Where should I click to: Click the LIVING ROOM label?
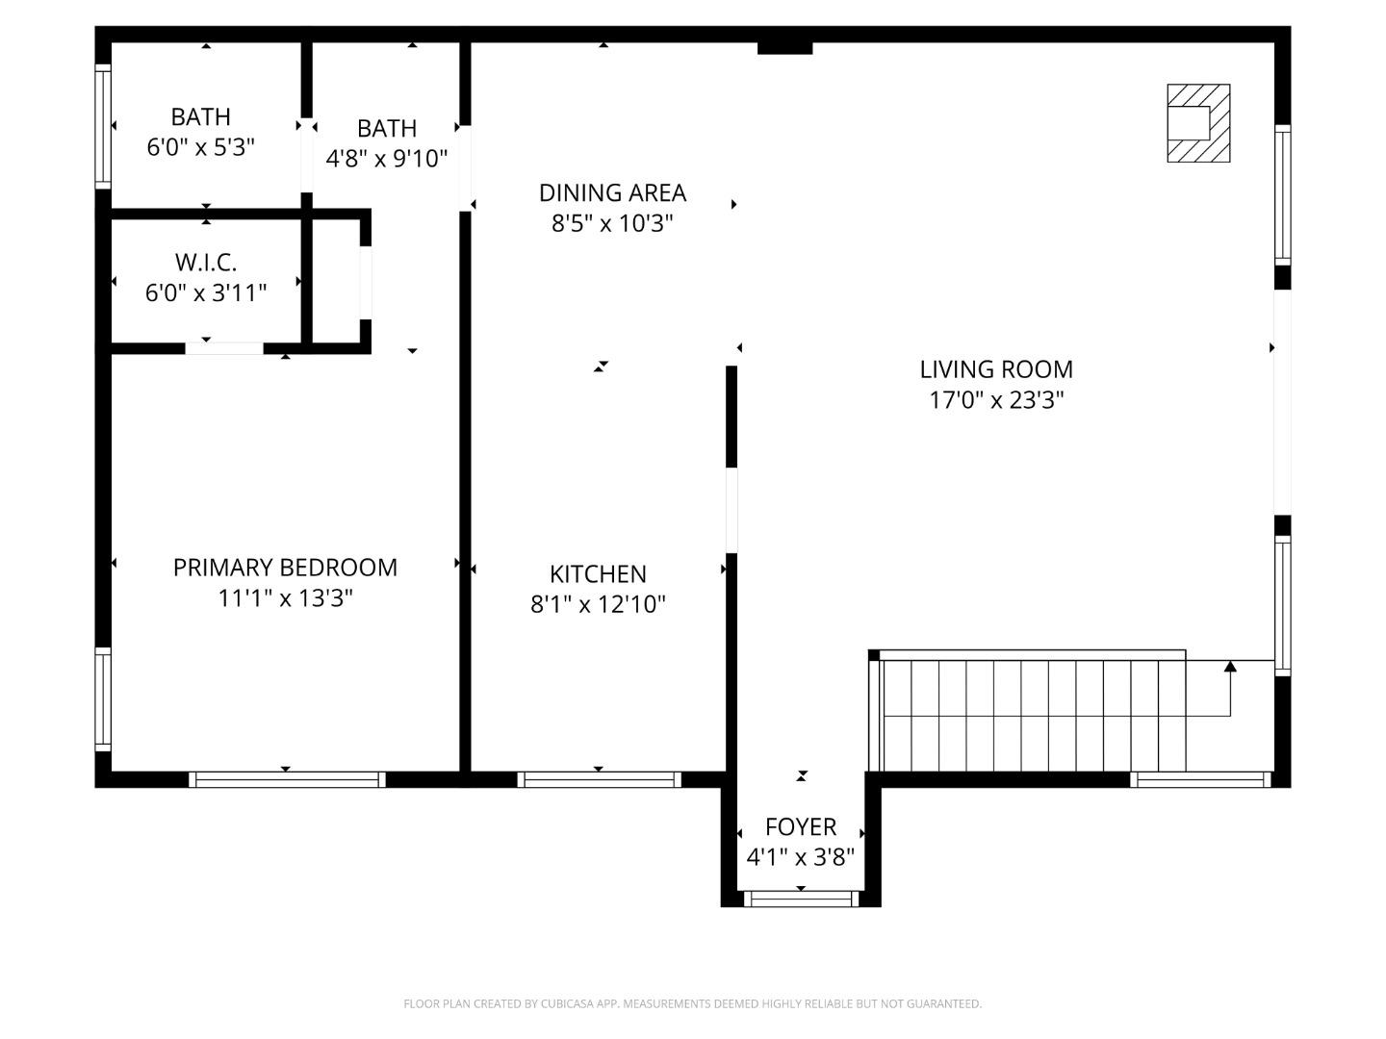[x=996, y=369]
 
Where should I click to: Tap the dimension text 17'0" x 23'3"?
[x=996, y=400]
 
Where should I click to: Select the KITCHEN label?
[x=598, y=574]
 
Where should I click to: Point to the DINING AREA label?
[x=612, y=192]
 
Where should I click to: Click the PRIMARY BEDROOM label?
[x=285, y=568]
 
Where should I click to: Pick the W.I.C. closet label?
[x=206, y=262]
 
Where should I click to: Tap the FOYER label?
[x=801, y=826]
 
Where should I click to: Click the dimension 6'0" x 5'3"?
[x=200, y=147]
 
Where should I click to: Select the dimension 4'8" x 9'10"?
[x=387, y=159]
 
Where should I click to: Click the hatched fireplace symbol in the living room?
[x=1198, y=123]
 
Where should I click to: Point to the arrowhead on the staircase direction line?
[x=1230, y=666]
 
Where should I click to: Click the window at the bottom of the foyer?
[x=801, y=900]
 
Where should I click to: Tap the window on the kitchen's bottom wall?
[x=599, y=779]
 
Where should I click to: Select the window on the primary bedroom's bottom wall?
[x=287, y=779]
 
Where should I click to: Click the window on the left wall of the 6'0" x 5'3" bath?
[x=103, y=125]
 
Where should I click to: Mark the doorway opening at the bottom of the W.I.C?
[x=224, y=347]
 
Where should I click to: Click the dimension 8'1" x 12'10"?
[x=598, y=604]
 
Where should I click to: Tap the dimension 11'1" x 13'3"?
[x=285, y=598]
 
